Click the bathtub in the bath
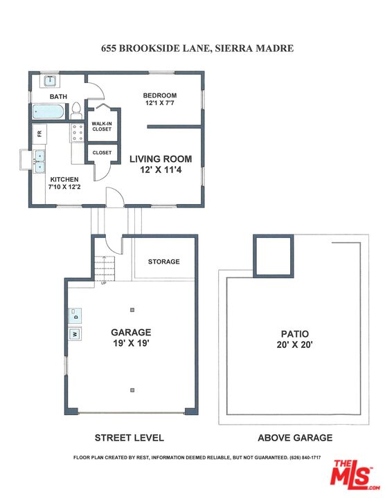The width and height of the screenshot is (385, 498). point(48,111)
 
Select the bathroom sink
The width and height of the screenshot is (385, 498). point(50,82)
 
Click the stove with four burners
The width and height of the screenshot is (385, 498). point(76,132)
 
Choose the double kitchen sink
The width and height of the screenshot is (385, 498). point(40,164)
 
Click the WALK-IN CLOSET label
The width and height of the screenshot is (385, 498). point(102,126)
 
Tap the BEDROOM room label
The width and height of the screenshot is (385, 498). point(160,95)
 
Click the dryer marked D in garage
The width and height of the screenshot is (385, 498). point(75,317)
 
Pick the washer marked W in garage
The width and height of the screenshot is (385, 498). point(75,335)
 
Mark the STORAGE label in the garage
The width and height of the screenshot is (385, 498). point(163,261)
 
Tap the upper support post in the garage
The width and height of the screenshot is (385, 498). point(132,309)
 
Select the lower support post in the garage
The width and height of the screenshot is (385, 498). point(132,389)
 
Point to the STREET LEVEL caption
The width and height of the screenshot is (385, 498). point(129,438)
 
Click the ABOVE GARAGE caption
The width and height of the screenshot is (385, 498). point(295,438)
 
